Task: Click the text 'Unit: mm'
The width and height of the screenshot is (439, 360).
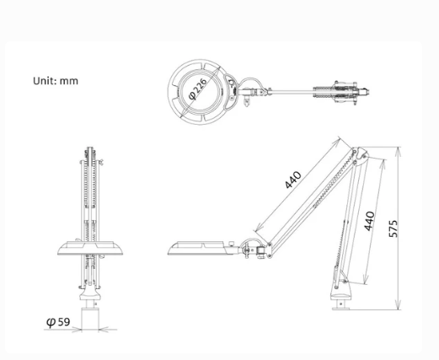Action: point(56,81)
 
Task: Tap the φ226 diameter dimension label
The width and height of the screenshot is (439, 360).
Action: point(198,89)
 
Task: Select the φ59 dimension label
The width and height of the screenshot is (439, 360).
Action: point(58,321)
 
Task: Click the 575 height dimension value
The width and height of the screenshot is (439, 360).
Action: point(393,228)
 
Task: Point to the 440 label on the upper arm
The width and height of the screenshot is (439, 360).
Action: point(293,180)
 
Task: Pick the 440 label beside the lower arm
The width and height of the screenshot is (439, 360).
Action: point(369,221)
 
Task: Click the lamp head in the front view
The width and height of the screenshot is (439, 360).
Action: point(90,248)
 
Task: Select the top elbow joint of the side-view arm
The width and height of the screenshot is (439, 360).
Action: point(360,154)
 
